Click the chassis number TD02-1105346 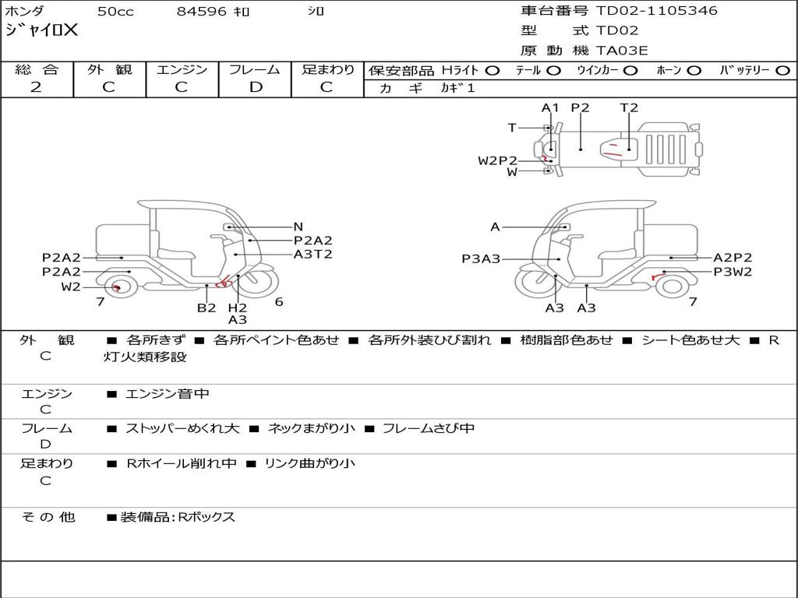pos(656,10)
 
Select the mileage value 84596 pos(201,11)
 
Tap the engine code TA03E pos(622,51)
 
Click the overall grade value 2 pos(36,87)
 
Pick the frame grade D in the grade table pos(256,87)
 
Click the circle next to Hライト pos(493,71)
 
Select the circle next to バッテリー pos(782,71)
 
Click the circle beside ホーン pos(694,71)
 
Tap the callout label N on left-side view pos(298,227)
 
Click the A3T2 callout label pos(313,254)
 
